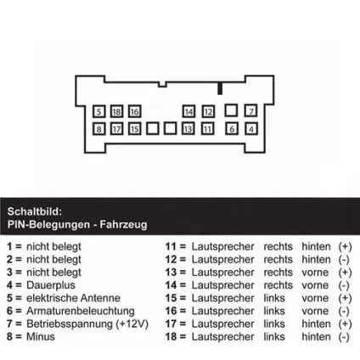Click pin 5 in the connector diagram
[98, 111]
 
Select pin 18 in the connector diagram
[116, 111]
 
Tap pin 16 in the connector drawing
[134, 111]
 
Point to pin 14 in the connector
[188, 111]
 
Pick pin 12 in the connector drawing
[208, 111]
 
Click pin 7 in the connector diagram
[251, 110]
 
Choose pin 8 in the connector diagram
[98, 129]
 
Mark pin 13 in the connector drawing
[188, 129]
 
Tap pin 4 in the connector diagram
[251, 129]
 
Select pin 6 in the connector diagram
[232, 129]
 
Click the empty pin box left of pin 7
[231, 110]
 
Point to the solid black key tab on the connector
[220, 88]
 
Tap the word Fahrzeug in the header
[123, 224]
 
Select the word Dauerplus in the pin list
[51, 285]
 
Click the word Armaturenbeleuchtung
[81, 311]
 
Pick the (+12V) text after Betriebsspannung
[132, 323]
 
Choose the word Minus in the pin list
[41, 336]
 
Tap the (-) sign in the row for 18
[344, 337]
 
